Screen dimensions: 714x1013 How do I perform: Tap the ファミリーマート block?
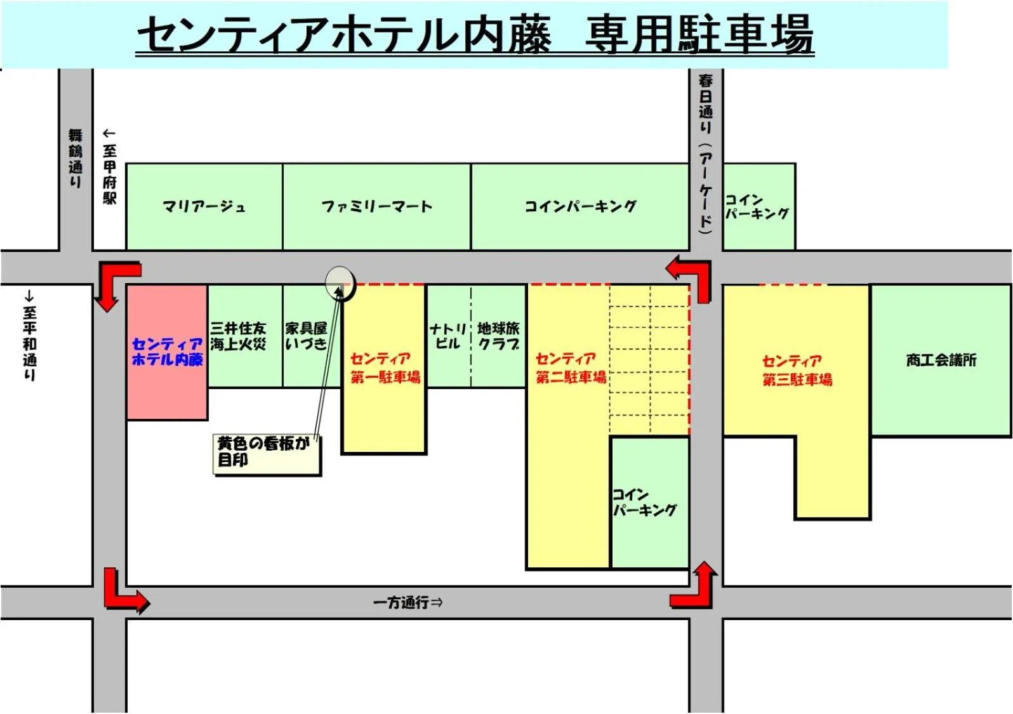click(x=376, y=207)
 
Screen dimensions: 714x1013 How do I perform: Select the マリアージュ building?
click(x=204, y=207)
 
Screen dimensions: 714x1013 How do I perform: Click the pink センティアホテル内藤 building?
click(x=167, y=353)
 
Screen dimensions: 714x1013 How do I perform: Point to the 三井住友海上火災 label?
click(x=238, y=336)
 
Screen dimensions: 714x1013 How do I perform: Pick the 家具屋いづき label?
click(x=306, y=336)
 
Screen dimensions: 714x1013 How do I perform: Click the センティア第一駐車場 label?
click(x=385, y=368)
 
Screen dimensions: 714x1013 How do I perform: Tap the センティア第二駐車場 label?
click(x=570, y=368)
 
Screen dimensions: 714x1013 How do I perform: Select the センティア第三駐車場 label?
click(x=797, y=371)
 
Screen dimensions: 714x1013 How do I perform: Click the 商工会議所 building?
click(x=941, y=360)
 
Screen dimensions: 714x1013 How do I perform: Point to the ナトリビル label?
click(x=447, y=336)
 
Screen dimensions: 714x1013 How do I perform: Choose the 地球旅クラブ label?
click(x=498, y=336)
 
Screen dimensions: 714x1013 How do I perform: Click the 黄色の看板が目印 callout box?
click(x=267, y=453)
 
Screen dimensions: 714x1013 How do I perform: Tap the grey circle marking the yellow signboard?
click(x=340, y=282)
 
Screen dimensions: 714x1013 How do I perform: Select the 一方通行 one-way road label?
click(x=407, y=602)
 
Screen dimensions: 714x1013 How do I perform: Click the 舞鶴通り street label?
click(x=76, y=158)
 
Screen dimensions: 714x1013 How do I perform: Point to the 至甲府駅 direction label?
click(x=109, y=166)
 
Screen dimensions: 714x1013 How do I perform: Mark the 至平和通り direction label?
click(x=29, y=336)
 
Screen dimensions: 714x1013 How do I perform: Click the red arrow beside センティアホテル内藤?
click(x=114, y=282)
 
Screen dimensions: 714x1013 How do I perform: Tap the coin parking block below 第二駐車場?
click(x=649, y=501)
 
